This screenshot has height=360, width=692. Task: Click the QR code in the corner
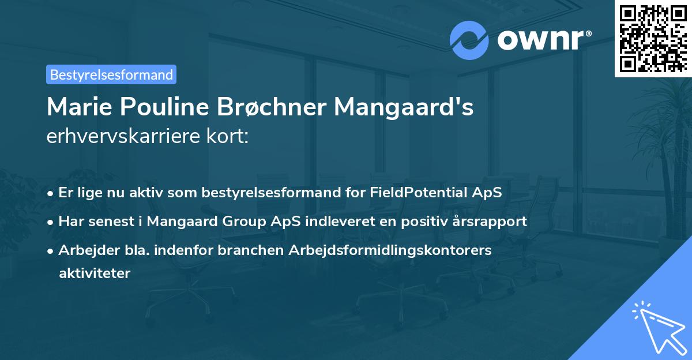click(653, 38)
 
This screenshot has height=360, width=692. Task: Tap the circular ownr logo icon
click(469, 40)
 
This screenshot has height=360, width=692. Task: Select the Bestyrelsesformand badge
click(111, 74)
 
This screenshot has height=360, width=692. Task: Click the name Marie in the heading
click(78, 107)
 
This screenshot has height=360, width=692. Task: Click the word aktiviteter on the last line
click(95, 273)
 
